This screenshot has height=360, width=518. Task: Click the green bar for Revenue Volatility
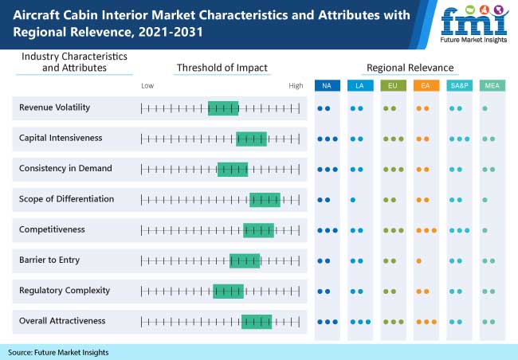[x=223, y=108]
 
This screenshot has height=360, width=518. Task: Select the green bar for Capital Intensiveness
[x=251, y=139]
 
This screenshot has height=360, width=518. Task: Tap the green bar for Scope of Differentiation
[x=265, y=199]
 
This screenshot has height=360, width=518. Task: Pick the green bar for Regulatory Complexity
[x=228, y=291]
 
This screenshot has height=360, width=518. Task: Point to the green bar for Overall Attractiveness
[x=257, y=321]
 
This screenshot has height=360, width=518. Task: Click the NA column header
[x=327, y=85]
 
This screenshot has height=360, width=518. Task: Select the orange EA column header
[x=426, y=85]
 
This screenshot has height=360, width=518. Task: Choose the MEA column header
[x=491, y=85]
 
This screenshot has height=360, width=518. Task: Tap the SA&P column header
[x=458, y=85]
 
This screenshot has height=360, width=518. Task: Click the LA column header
[x=359, y=85]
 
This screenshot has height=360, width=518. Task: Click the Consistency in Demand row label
[x=65, y=169]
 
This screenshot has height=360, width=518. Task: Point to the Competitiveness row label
[x=52, y=229]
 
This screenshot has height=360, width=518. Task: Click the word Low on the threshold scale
[x=147, y=85]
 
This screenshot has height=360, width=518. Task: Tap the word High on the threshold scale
[x=296, y=85]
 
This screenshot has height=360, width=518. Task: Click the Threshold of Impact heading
[x=222, y=68]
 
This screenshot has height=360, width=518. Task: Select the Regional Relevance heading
[x=410, y=68]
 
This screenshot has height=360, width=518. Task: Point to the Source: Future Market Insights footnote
[x=58, y=352]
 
